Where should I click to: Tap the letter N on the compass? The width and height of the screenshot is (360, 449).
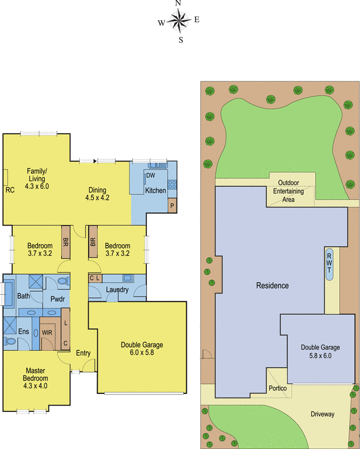[178, 3]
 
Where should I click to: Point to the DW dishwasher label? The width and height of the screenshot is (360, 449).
[150, 176]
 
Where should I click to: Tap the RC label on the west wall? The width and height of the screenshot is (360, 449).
[10, 190]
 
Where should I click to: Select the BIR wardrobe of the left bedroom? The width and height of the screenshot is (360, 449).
[66, 242]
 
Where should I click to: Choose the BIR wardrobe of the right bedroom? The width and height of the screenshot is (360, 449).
[93, 242]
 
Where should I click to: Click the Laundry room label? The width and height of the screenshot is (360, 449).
[117, 290]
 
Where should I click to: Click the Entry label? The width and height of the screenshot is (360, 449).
[83, 353]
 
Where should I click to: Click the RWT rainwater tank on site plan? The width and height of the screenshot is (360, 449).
[330, 264]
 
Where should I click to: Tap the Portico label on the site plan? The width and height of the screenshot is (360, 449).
[278, 388]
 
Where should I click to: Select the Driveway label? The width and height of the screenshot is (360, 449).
[322, 414]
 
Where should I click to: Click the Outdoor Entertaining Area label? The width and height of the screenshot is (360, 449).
[288, 191]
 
